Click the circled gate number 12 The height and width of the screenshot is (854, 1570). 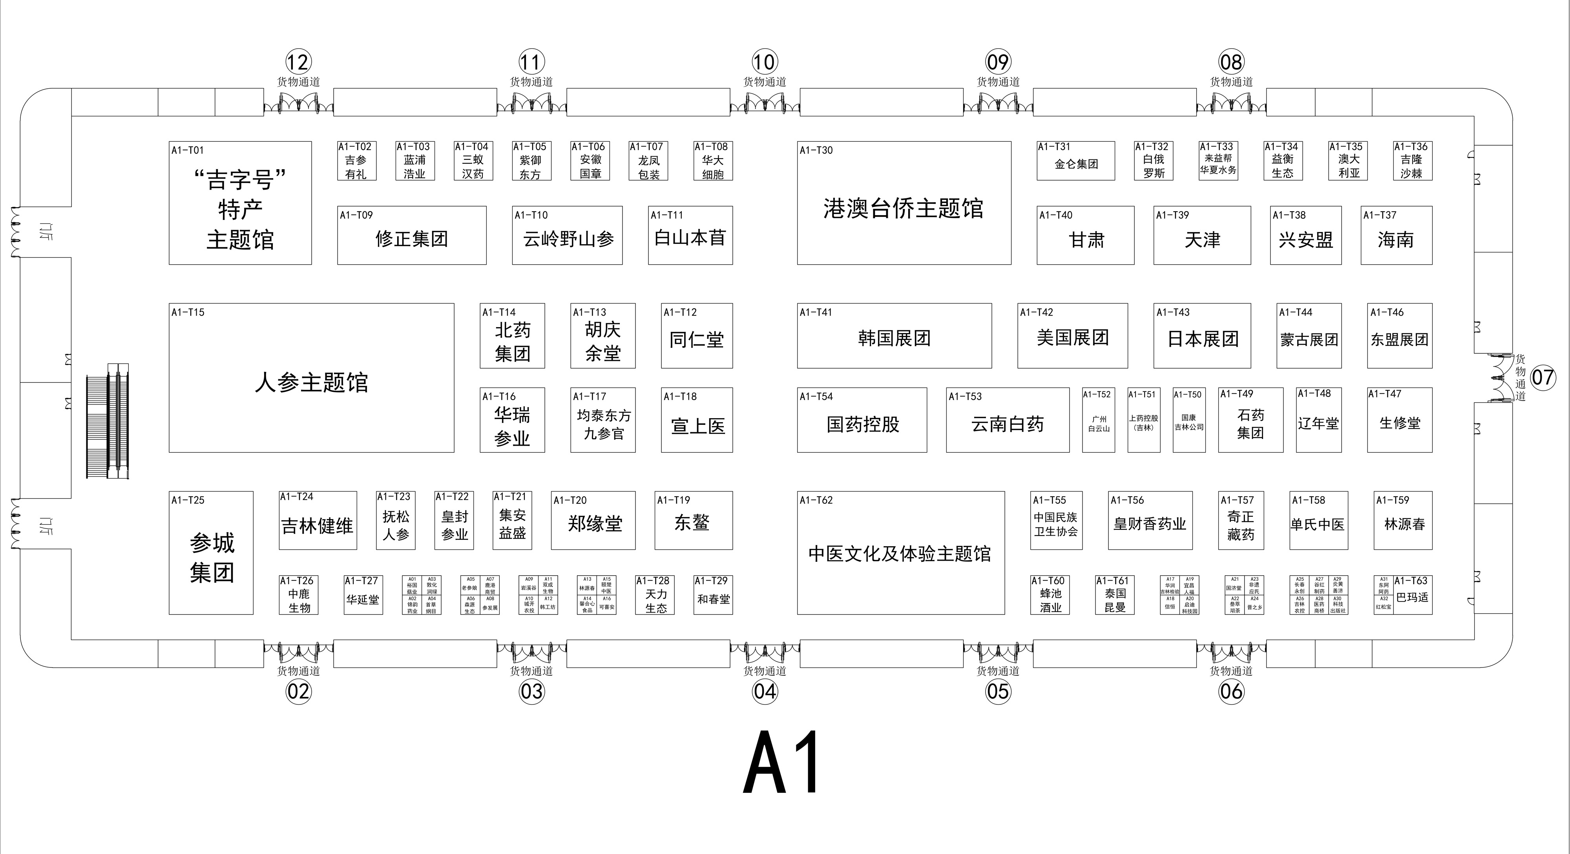coord(298,62)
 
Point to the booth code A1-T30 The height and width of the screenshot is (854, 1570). coord(816,150)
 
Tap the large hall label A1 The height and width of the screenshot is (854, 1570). coord(782,763)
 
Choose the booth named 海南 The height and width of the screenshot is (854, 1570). coord(1396,240)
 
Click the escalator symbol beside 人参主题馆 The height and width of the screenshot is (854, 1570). coord(108,421)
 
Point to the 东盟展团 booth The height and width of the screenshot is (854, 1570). coord(1399,340)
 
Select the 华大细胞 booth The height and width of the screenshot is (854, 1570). coord(712,166)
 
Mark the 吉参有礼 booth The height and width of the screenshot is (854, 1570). coord(356,167)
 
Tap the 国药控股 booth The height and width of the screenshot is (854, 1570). coord(862,424)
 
